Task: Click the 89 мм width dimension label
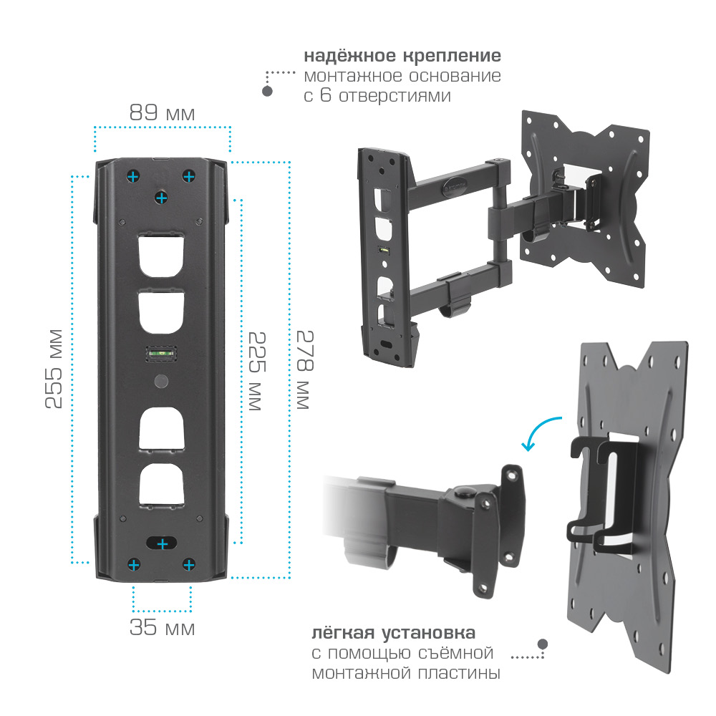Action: tap(162, 113)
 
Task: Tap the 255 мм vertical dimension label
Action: tap(54, 369)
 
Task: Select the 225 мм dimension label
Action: tap(257, 371)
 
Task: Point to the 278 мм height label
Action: tap(306, 369)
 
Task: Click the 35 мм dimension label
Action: tap(162, 627)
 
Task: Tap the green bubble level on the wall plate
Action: tap(161, 354)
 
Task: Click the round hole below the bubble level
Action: tap(161, 382)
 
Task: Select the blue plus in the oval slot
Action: tap(162, 544)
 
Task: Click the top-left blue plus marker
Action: tap(133, 176)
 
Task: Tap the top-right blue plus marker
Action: tap(188, 176)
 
